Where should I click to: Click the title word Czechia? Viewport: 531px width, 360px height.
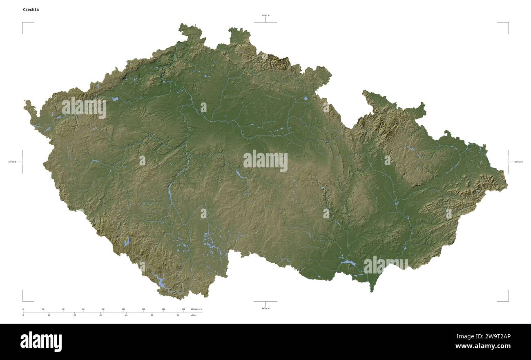(x=31, y=9)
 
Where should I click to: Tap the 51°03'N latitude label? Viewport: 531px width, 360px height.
(x=265, y=16)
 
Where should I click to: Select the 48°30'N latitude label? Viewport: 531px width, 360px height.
(x=265, y=308)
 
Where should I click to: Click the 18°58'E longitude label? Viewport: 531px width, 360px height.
(x=518, y=162)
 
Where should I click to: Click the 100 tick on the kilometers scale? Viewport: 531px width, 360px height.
(x=123, y=309)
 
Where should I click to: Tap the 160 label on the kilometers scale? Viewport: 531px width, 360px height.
(x=183, y=309)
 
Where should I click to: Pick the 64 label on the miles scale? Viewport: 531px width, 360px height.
(x=126, y=315)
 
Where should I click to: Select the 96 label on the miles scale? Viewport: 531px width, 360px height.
(x=178, y=315)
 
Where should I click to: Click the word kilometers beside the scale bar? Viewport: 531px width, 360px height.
(x=196, y=309)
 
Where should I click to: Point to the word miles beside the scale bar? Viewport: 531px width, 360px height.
(x=193, y=315)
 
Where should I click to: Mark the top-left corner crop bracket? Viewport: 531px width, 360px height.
(x=23, y=23)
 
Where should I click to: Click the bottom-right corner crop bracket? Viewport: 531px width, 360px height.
(x=508, y=300)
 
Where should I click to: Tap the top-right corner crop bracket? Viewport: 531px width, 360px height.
(x=508, y=23)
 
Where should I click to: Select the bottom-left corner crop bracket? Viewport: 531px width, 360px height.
(x=23, y=300)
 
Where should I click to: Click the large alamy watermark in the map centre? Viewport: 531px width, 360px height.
(x=265, y=161)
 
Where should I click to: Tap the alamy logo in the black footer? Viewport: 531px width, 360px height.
(x=41, y=342)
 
